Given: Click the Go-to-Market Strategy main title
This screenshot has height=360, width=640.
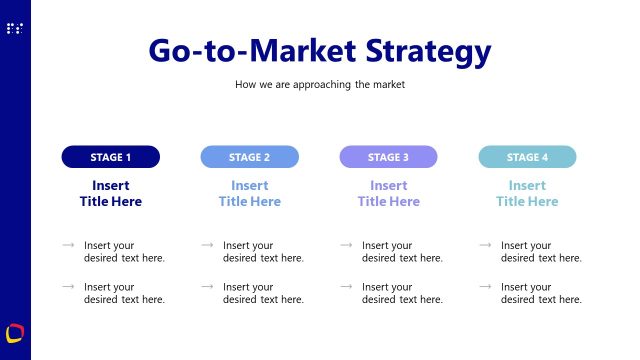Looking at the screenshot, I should (x=320, y=51).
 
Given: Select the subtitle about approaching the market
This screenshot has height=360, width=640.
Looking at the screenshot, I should (x=320, y=85).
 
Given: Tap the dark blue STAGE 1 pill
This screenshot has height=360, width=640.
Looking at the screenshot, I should (x=111, y=157).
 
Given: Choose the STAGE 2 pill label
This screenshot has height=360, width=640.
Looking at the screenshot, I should (x=250, y=157).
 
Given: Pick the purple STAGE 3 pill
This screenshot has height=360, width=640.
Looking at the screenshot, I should (x=388, y=157).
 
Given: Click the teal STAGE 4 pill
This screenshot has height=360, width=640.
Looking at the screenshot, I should (x=527, y=157).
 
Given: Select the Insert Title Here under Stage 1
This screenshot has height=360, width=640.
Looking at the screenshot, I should (x=111, y=193).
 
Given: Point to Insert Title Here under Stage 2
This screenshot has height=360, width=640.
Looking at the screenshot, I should (x=250, y=193).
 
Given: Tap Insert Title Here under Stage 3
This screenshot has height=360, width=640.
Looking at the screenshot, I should (x=388, y=193).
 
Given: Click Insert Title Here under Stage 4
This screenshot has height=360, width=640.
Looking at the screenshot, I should (x=527, y=193).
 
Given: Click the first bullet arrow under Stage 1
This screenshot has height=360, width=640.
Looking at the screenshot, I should (x=68, y=245).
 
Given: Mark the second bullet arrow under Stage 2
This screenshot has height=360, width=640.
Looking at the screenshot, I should (x=207, y=287).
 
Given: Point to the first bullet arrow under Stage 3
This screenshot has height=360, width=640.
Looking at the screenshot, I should (x=346, y=245).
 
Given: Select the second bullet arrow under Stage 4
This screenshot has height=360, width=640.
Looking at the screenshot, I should (x=485, y=287).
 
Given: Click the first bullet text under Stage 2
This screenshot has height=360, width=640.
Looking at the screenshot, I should (x=263, y=251).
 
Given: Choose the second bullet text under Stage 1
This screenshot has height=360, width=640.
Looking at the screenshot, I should (x=124, y=293).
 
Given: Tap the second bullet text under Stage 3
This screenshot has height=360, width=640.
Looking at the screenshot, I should (x=402, y=293).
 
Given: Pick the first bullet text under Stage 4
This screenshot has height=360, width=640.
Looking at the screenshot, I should (x=541, y=251).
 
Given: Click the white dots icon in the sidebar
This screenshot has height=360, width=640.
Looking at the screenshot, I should (x=14, y=29).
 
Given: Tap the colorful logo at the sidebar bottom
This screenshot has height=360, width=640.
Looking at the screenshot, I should (x=15, y=332).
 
